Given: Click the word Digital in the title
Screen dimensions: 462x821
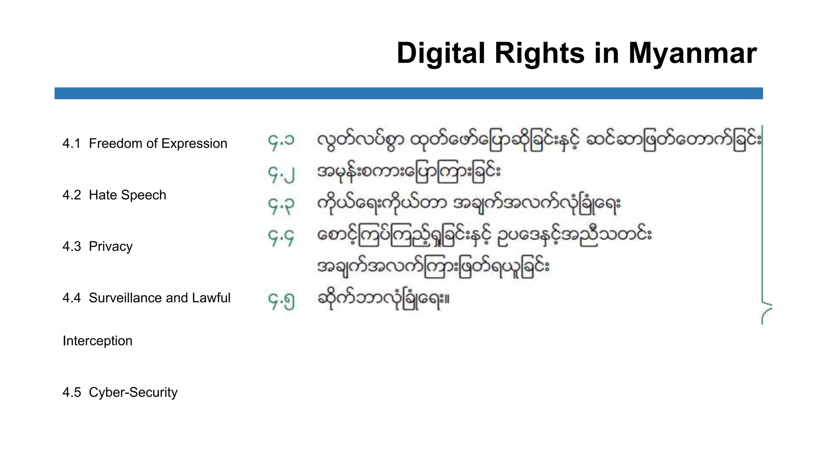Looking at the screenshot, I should (x=441, y=53).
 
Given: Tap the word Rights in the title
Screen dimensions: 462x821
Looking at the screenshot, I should (x=540, y=53).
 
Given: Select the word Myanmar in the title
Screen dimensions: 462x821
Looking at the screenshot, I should (x=692, y=53).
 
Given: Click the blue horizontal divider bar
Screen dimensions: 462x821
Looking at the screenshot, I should (x=408, y=93).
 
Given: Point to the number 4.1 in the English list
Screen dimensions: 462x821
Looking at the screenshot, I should (x=71, y=144).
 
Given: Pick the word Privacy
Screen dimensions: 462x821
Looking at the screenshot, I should (x=111, y=246).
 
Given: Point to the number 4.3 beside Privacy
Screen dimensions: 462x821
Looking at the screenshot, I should (x=71, y=246).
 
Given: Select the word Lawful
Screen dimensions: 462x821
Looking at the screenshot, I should (x=211, y=298).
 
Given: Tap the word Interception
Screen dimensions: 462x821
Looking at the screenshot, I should (x=97, y=341).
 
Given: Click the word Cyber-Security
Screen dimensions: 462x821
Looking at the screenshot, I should (x=133, y=392).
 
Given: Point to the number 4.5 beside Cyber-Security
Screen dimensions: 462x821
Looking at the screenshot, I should (x=71, y=392).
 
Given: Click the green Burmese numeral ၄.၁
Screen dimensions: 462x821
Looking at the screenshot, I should (x=281, y=141).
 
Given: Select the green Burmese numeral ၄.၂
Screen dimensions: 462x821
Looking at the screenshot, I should (x=281, y=174).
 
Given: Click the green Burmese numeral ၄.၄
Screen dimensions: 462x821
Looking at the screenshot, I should (x=281, y=237).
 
